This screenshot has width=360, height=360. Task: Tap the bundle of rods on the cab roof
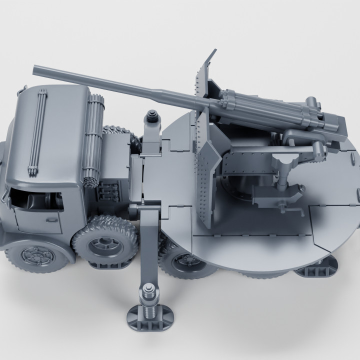(38, 130)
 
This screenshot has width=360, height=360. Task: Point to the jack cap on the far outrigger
(152, 117)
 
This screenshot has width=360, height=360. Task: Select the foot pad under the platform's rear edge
(315, 270)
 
